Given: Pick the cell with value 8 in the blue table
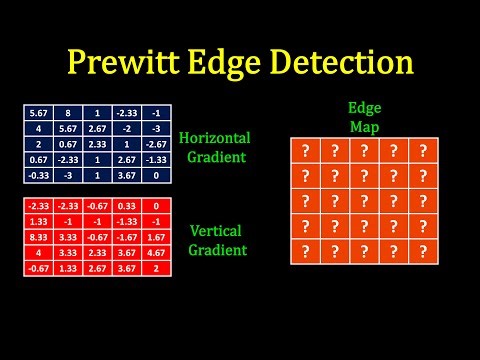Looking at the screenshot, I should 68,113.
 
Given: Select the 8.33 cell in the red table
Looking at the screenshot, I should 34,239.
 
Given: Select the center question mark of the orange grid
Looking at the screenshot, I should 365,200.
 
